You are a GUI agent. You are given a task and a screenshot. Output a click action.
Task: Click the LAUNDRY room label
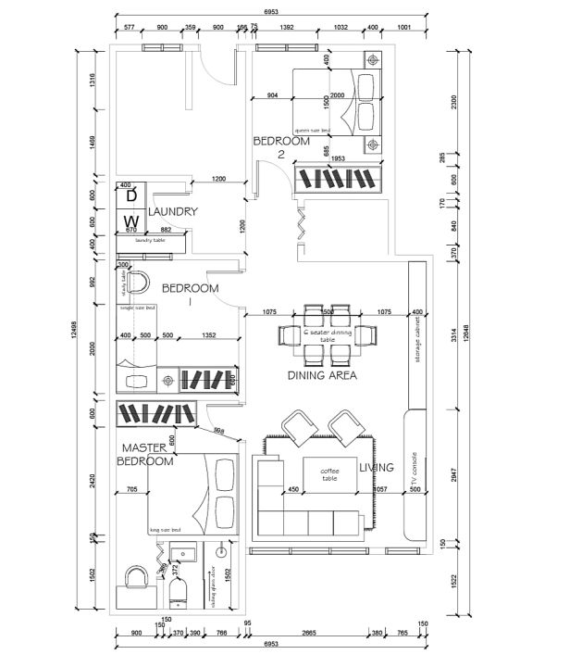pyautogui.click(x=173, y=211)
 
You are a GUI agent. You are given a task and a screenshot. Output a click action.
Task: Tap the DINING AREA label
pyautogui.click(x=322, y=375)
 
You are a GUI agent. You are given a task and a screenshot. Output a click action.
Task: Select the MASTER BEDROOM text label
pyautogui.click(x=146, y=454)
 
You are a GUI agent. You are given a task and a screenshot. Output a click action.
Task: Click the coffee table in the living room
pyautogui.click(x=330, y=474)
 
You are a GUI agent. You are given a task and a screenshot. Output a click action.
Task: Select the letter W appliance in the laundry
pyautogui.click(x=131, y=221)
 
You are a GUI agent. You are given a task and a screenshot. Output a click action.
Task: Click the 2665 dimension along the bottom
pyautogui.click(x=310, y=633)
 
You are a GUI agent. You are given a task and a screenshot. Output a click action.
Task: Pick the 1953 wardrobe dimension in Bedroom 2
pyautogui.click(x=338, y=158)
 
